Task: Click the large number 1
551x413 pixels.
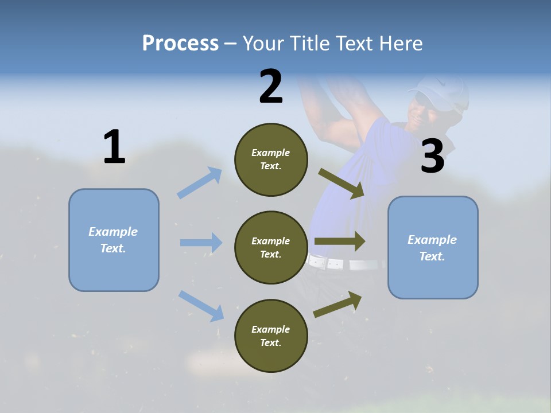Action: (x=114, y=147)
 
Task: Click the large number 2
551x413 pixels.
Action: (x=271, y=87)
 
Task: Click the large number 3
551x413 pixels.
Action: (x=433, y=157)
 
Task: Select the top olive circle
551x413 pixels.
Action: (x=271, y=159)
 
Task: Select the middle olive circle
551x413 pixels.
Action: (x=271, y=247)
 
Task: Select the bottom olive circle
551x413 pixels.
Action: (x=271, y=336)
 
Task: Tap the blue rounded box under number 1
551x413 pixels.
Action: (x=114, y=240)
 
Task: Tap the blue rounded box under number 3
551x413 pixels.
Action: (x=433, y=248)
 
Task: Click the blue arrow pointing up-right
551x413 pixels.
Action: (x=200, y=183)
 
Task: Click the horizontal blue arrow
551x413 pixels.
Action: (x=201, y=243)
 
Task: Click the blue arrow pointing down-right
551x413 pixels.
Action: (x=201, y=305)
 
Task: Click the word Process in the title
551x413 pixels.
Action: (x=180, y=43)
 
